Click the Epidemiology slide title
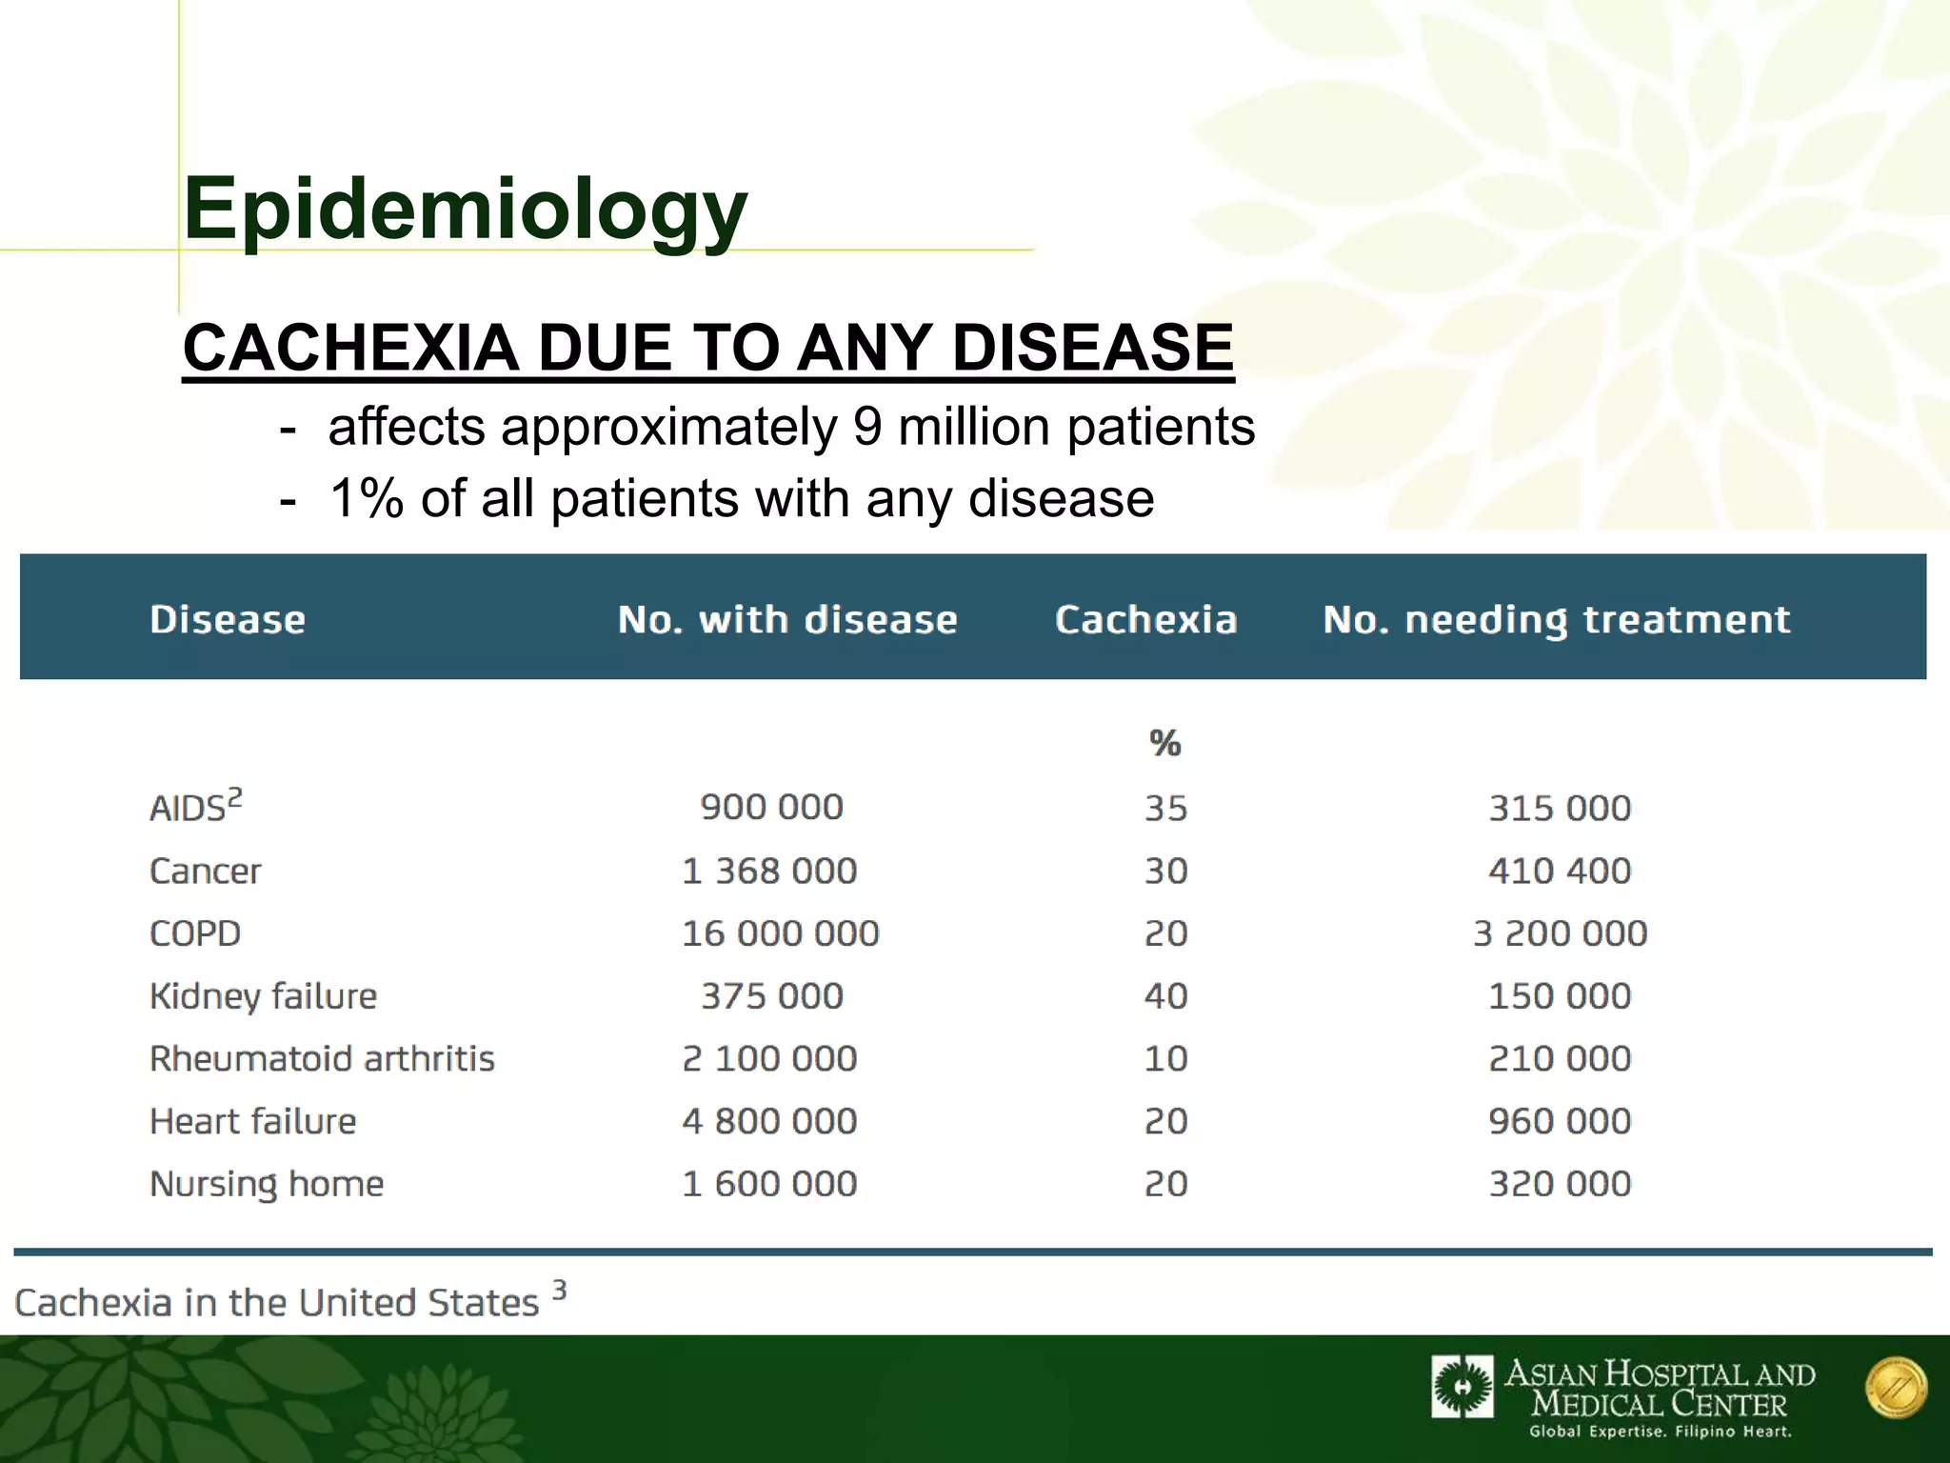pos(465,210)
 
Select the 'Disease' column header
pos(228,620)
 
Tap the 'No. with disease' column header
pos(787,620)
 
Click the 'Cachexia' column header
pos(1145,620)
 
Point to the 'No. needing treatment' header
pos(1557,620)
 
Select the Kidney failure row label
pos(263,996)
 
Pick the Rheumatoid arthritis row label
pos(322,1059)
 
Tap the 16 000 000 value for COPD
pos(780,933)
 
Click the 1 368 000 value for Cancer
pos(769,871)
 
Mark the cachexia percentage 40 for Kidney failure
pos(1165,996)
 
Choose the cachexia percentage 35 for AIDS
pos(1165,809)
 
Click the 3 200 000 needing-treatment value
pos(1560,933)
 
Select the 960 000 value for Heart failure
pos(1560,1121)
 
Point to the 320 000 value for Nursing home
pos(1560,1184)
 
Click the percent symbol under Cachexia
pos(1164,743)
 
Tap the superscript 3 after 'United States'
pos(560,1291)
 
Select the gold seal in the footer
pos(1896,1388)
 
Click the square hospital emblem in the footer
pos(1462,1387)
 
